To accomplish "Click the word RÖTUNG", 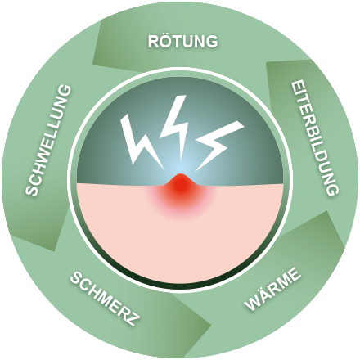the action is [182, 41].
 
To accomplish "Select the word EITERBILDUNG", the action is [315, 138].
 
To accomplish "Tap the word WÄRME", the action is [272, 289].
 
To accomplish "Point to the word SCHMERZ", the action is [106, 299].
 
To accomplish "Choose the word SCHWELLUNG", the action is [48, 140].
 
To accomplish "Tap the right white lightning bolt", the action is [218, 145].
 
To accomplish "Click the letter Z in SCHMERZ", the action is [134, 318].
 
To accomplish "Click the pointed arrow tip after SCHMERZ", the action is [211, 325].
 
